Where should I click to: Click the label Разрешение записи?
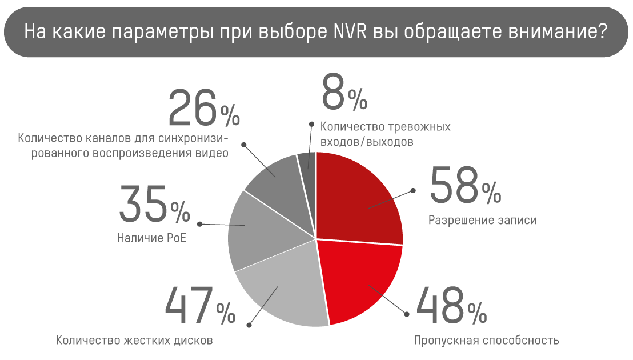coord(483,220)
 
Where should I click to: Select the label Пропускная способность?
coord(486,341)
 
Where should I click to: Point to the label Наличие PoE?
coord(152,238)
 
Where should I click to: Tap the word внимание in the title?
coord(558,32)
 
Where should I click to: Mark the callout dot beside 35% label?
coord(199,224)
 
